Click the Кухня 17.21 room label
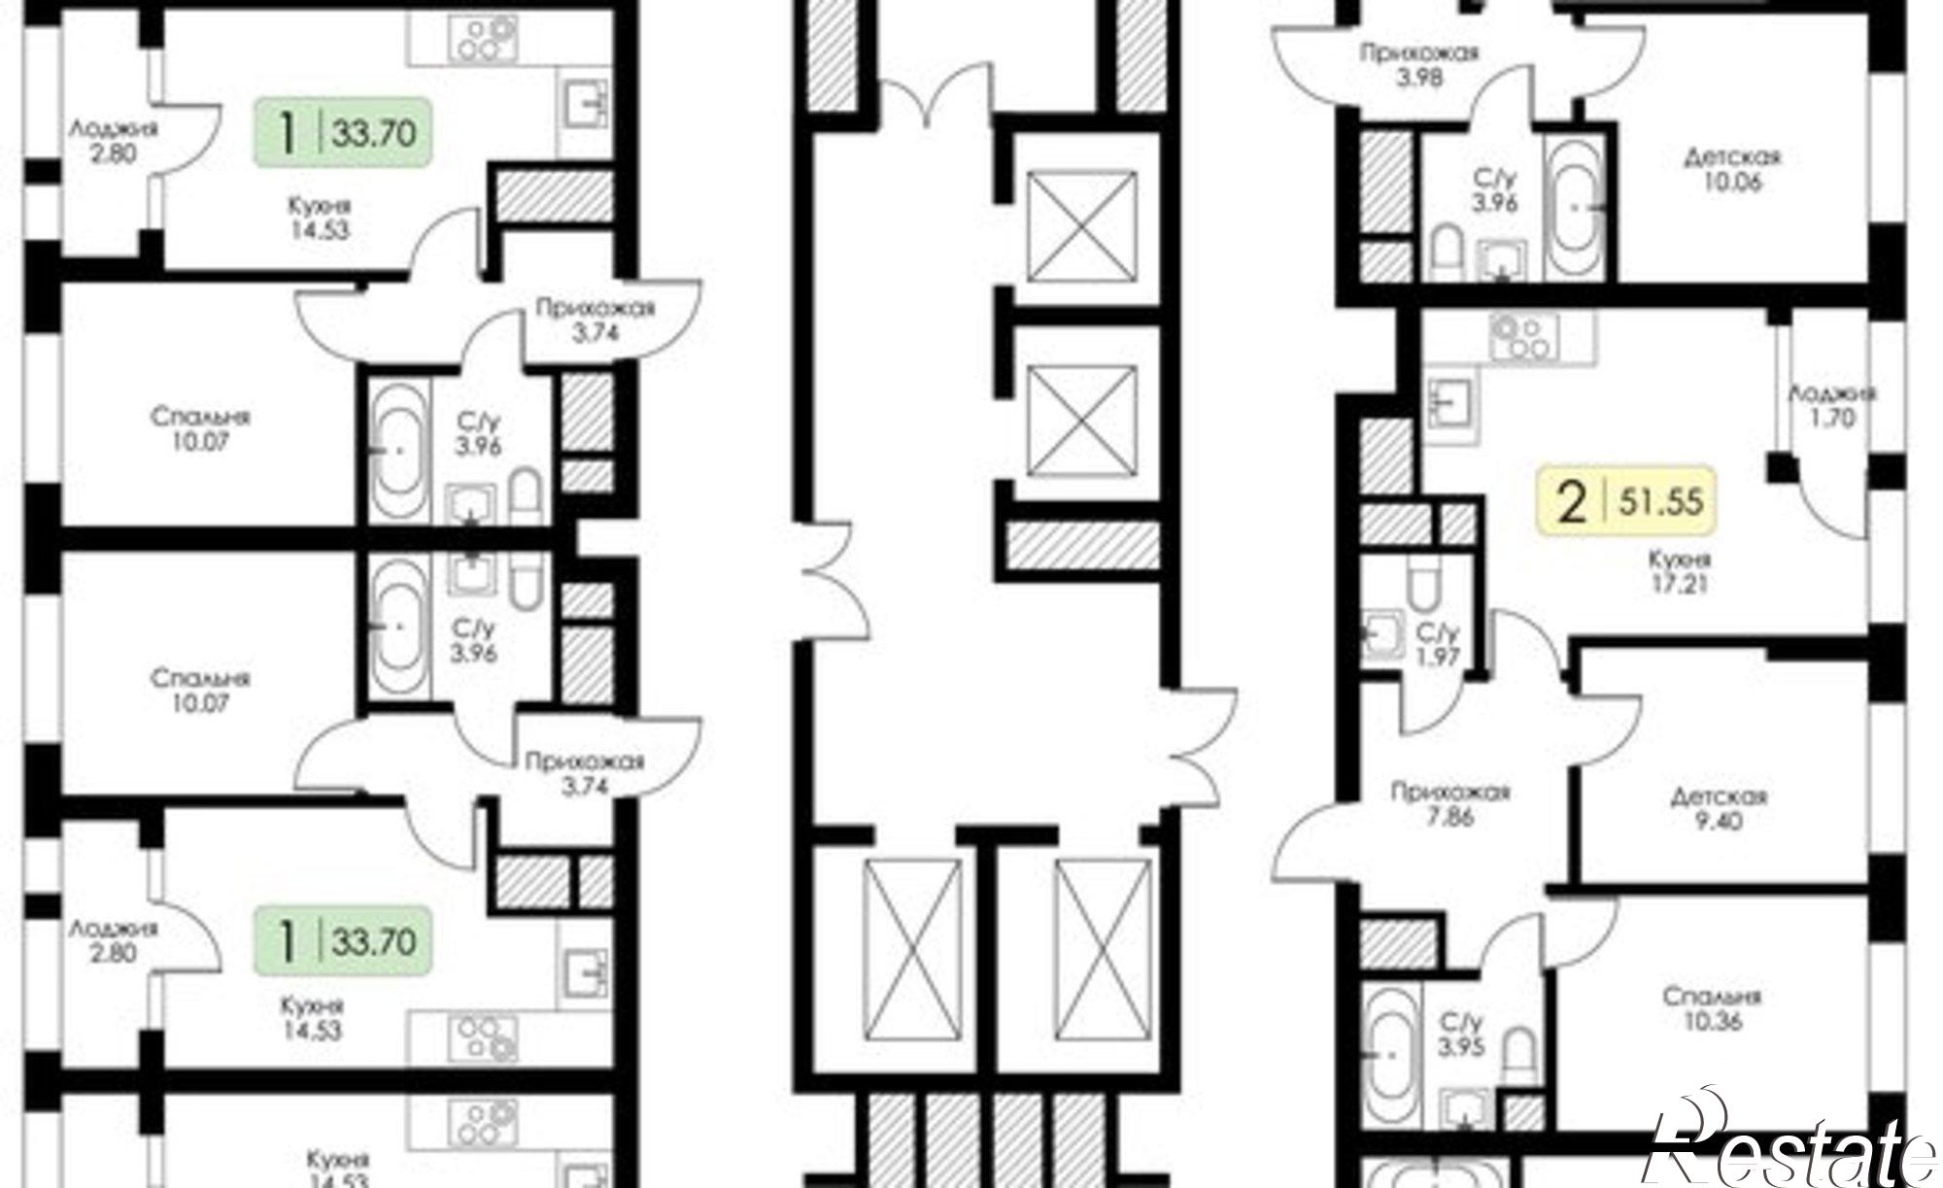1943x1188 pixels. pos(1678,572)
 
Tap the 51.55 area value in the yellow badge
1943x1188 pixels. pos(1660,502)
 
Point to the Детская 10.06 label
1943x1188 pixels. pos(1733,169)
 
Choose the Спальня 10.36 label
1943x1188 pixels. pos(1712,1008)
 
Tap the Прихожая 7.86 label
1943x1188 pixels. pos(1450,804)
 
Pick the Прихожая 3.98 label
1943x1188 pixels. pos(1418,64)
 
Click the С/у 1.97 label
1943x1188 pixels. pos(1438,644)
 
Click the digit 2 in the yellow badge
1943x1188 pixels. pos(1571,503)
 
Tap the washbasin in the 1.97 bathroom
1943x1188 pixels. pos(1380,635)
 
